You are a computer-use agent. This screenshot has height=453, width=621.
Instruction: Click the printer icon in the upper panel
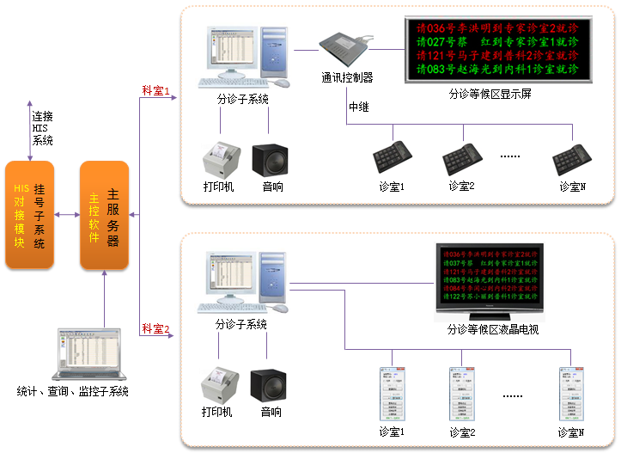pyautogui.click(x=218, y=157)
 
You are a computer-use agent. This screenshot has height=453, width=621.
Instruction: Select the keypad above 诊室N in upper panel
pyautogui.click(x=570, y=157)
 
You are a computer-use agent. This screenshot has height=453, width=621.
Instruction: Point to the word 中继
pyautogui.click(x=359, y=107)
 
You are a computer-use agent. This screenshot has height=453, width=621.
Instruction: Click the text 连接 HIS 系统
pyautogui.click(x=43, y=128)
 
